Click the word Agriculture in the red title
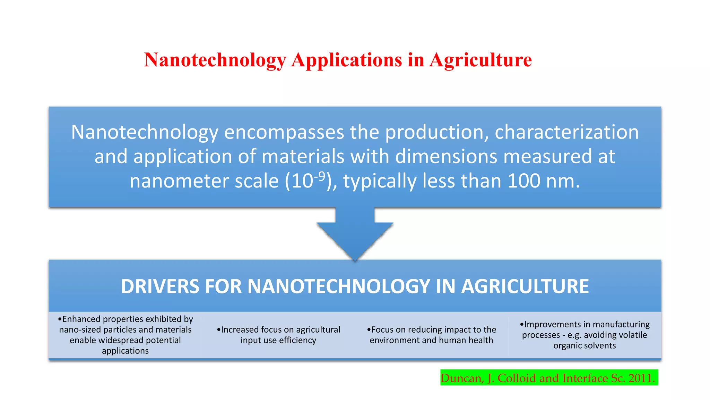(x=480, y=60)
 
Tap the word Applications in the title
(x=346, y=60)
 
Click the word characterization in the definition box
(x=566, y=132)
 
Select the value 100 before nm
(x=523, y=181)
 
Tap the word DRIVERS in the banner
(x=160, y=286)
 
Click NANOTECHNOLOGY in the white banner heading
(x=339, y=286)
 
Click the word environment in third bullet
(x=390, y=340)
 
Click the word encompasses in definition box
(x=284, y=132)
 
